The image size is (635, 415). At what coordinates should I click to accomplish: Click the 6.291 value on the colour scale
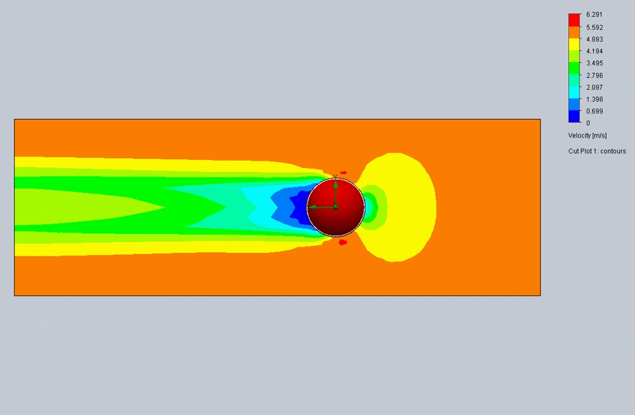(x=594, y=15)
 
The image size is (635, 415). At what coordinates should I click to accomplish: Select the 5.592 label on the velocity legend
(x=594, y=28)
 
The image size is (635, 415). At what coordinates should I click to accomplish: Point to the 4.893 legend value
(x=594, y=39)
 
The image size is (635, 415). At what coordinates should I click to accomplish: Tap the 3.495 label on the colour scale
(x=594, y=63)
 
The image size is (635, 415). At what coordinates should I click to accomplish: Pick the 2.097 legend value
(x=594, y=87)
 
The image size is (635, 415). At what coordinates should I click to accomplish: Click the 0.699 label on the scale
(x=594, y=111)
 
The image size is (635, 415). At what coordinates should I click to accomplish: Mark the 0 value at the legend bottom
(x=588, y=123)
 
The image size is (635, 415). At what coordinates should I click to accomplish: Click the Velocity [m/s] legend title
(x=587, y=135)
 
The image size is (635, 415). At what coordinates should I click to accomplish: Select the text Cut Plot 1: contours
(x=597, y=151)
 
